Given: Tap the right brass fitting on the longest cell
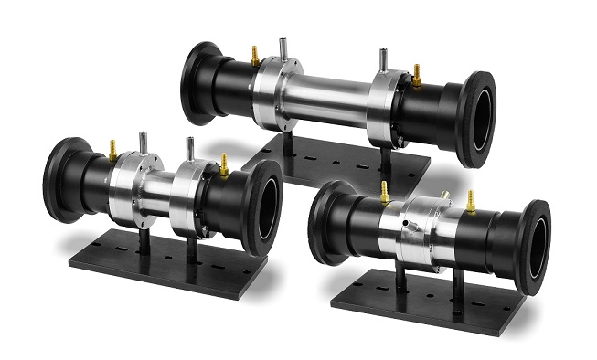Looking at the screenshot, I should click(x=417, y=72).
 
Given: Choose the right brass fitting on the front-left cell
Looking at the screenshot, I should click(x=223, y=164).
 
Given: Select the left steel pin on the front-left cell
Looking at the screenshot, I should click(x=143, y=143).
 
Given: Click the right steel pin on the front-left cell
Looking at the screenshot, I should click(x=189, y=149).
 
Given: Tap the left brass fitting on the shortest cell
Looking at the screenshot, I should click(x=385, y=192).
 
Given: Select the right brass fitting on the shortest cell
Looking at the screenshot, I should click(x=470, y=200).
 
